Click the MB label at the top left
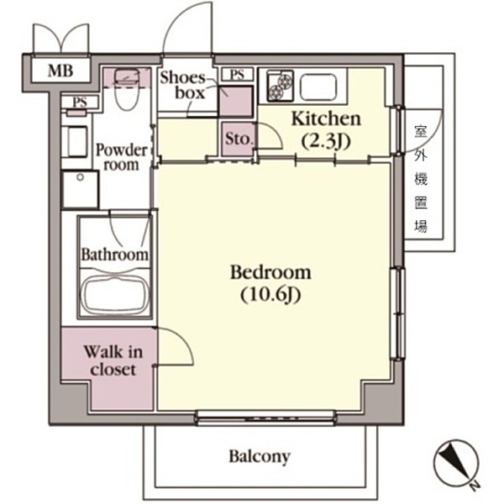pyautogui.click(x=60, y=71)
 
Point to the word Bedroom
pyautogui.click(x=270, y=272)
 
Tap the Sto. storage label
pyautogui.click(x=238, y=140)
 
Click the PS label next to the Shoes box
pyautogui.click(x=237, y=74)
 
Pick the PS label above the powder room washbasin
pyautogui.click(x=80, y=102)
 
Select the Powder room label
pyautogui.click(x=122, y=157)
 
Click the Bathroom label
pyautogui.click(x=115, y=254)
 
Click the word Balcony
pyautogui.click(x=260, y=457)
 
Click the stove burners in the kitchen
pyautogui.click(x=279, y=85)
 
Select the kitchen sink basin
pyautogui.click(x=318, y=85)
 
